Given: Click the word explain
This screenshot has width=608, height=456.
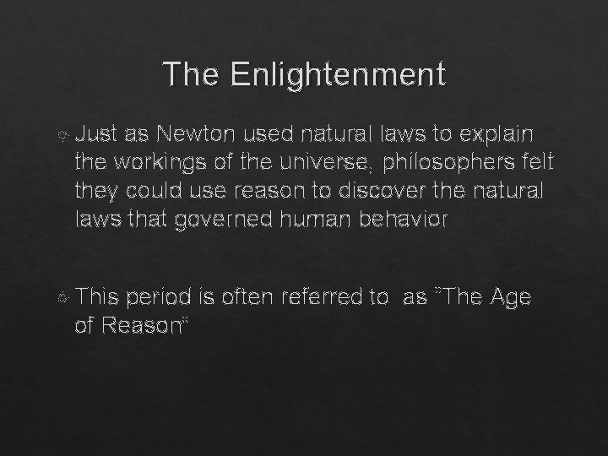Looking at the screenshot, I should coord(496,133).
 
